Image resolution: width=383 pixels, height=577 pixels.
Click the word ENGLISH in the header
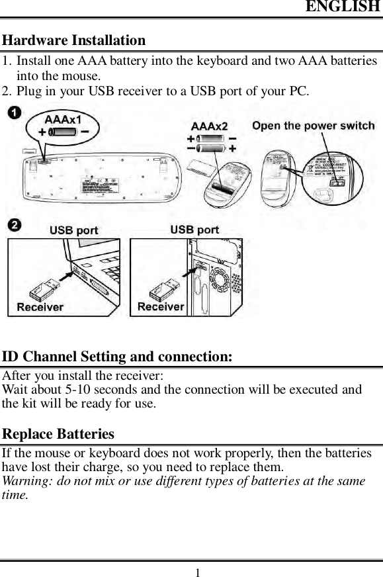click(341, 8)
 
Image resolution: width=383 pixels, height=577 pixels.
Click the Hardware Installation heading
click(74, 40)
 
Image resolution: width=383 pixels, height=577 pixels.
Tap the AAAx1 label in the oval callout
click(63, 120)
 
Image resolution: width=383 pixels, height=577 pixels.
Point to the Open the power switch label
click(313, 126)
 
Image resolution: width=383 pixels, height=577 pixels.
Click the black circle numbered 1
click(13, 113)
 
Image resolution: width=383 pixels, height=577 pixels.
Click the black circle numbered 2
click(13, 226)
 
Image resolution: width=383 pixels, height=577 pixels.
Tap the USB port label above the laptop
click(74, 230)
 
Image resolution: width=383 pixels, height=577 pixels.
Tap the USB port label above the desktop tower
click(194, 230)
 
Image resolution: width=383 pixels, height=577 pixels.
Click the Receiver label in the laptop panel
click(40, 307)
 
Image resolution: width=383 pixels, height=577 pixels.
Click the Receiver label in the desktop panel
click(161, 306)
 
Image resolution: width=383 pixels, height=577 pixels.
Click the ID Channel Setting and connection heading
click(117, 357)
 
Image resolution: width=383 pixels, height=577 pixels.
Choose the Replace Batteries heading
click(58, 435)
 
